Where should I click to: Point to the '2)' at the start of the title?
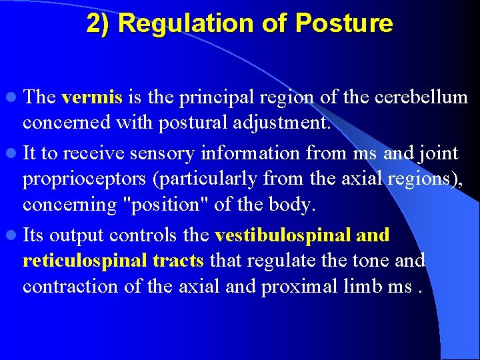coord(99,24)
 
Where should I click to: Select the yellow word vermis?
coord(91,98)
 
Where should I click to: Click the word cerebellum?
coord(422,98)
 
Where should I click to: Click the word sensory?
coord(163,154)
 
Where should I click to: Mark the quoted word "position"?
coord(162,205)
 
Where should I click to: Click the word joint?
coord(436,154)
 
